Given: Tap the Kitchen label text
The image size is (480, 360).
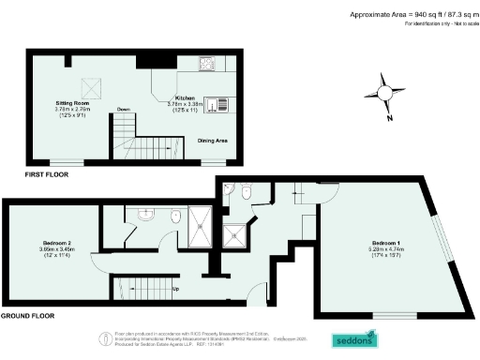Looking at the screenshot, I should pos(184,97).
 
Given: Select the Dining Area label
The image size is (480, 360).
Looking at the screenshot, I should pos(212,141).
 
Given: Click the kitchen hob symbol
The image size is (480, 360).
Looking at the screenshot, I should pos(205,64).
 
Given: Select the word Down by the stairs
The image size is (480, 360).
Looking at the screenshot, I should pos(122,109).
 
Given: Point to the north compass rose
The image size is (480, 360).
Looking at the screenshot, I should pos(384,92).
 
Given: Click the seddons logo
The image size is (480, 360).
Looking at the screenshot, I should pos(357,338).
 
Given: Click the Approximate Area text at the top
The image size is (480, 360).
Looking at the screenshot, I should pos(412,15).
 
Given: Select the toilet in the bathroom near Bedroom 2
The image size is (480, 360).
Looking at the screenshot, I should pos(175,217).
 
